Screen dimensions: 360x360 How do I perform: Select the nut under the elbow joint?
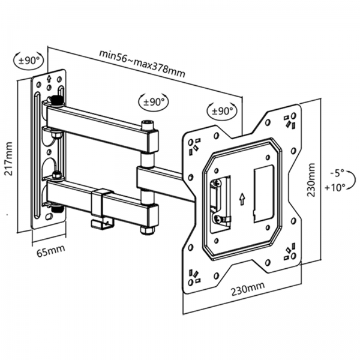click(146, 230)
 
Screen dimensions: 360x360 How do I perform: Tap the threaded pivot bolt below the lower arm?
click(59, 211)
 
